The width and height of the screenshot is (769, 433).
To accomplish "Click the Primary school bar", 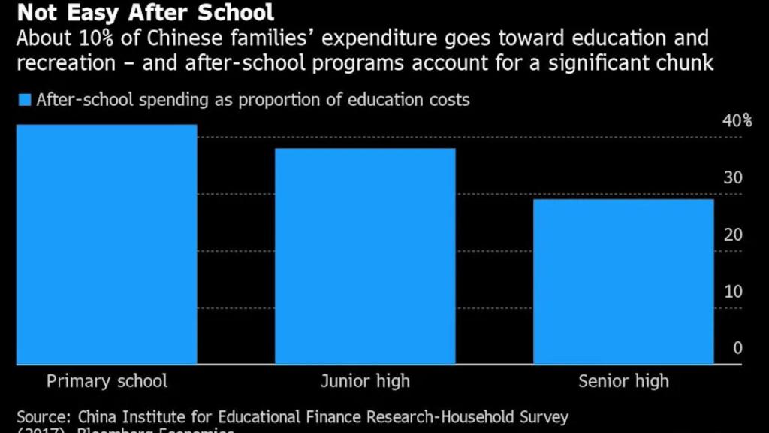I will [107, 244].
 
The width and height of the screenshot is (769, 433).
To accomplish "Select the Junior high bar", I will [365, 256].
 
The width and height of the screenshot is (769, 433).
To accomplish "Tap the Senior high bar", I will [623, 281].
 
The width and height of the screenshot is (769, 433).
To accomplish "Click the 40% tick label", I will [737, 121].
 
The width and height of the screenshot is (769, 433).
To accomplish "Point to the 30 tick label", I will [733, 177].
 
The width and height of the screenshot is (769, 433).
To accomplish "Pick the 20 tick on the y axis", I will [733, 235].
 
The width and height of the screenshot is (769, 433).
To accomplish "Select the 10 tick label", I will [733, 292].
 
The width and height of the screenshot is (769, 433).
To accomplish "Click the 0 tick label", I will [737, 348].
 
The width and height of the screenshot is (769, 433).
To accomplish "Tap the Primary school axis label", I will [107, 381].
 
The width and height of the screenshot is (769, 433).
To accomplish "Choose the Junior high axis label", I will [365, 381].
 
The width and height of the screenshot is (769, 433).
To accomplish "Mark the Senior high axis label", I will [623, 381].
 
